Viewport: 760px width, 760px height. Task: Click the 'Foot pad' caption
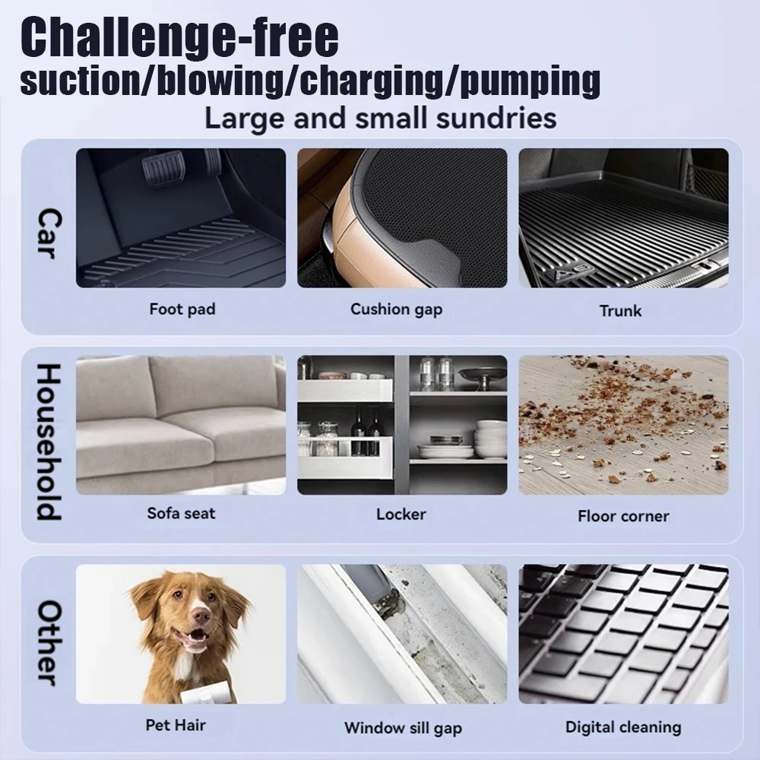pyautogui.click(x=182, y=309)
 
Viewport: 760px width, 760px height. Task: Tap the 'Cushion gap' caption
pyautogui.click(x=397, y=309)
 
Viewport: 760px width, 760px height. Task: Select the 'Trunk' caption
pyautogui.click(x=620, y=311)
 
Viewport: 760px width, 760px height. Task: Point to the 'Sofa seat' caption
pyautogui.click(x=182, y=513)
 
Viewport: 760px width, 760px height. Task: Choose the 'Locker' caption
pyautogui.click(x=401, y=514)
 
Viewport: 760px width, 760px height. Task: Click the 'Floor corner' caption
pyautogui.click(x=623, y=516)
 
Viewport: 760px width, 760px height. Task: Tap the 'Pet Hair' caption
pyautogui.click(x=176, y=724)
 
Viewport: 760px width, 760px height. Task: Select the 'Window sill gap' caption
pyautogui.click(x=404, y=728)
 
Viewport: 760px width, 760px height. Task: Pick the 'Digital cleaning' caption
pyautogui.click(x=623, y=727)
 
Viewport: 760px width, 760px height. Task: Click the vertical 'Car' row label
pyautogui.click(x=49, y=234)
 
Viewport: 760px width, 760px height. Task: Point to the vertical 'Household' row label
pyautogui.click(x=49, y=442)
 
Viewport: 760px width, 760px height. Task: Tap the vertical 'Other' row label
pyautogui.click(x=49, y=643)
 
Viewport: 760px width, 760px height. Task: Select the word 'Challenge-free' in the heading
pyautogui.click(x=180, y=36)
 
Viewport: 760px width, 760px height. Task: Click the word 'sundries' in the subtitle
pyautogui.click(x=496, y=119)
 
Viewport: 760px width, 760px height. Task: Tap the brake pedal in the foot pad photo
pyautogui.click(x=163, y=164)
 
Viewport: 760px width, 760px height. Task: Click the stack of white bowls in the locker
pyautogui.click(x=490, y=439)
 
